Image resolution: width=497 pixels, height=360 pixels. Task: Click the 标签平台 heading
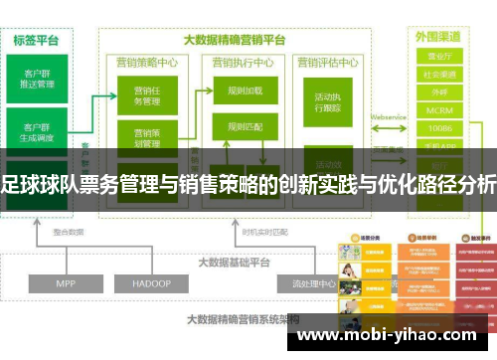pos(36,41)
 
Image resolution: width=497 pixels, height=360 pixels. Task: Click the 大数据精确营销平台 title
pos(235,41)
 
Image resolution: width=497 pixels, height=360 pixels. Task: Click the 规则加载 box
pos(244,90)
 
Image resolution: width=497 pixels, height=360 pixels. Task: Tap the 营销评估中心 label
pos(329,60)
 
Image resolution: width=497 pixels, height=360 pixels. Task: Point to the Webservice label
pos(390,116)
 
